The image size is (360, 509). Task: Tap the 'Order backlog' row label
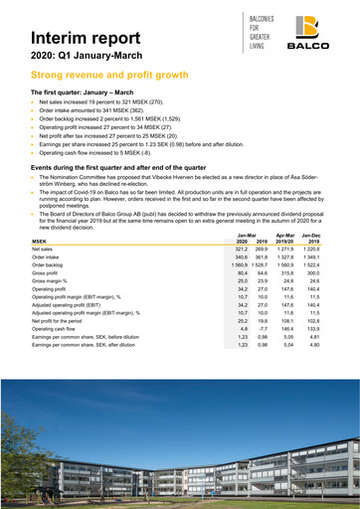49,265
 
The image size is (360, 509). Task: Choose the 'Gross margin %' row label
51,281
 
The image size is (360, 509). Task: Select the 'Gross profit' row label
47,273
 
